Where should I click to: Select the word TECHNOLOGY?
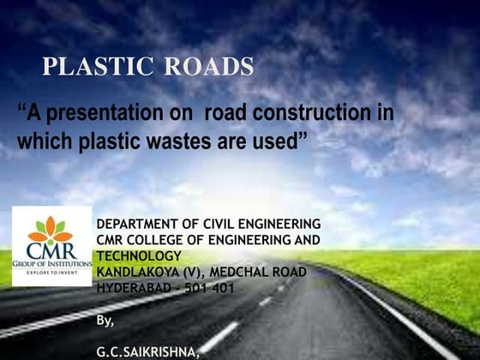[138, 255]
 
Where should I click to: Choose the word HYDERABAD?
[135, 287]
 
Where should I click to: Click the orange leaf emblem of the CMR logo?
[51, 228]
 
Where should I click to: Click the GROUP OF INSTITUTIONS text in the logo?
[51, 265]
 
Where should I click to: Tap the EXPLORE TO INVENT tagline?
[51, 274]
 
